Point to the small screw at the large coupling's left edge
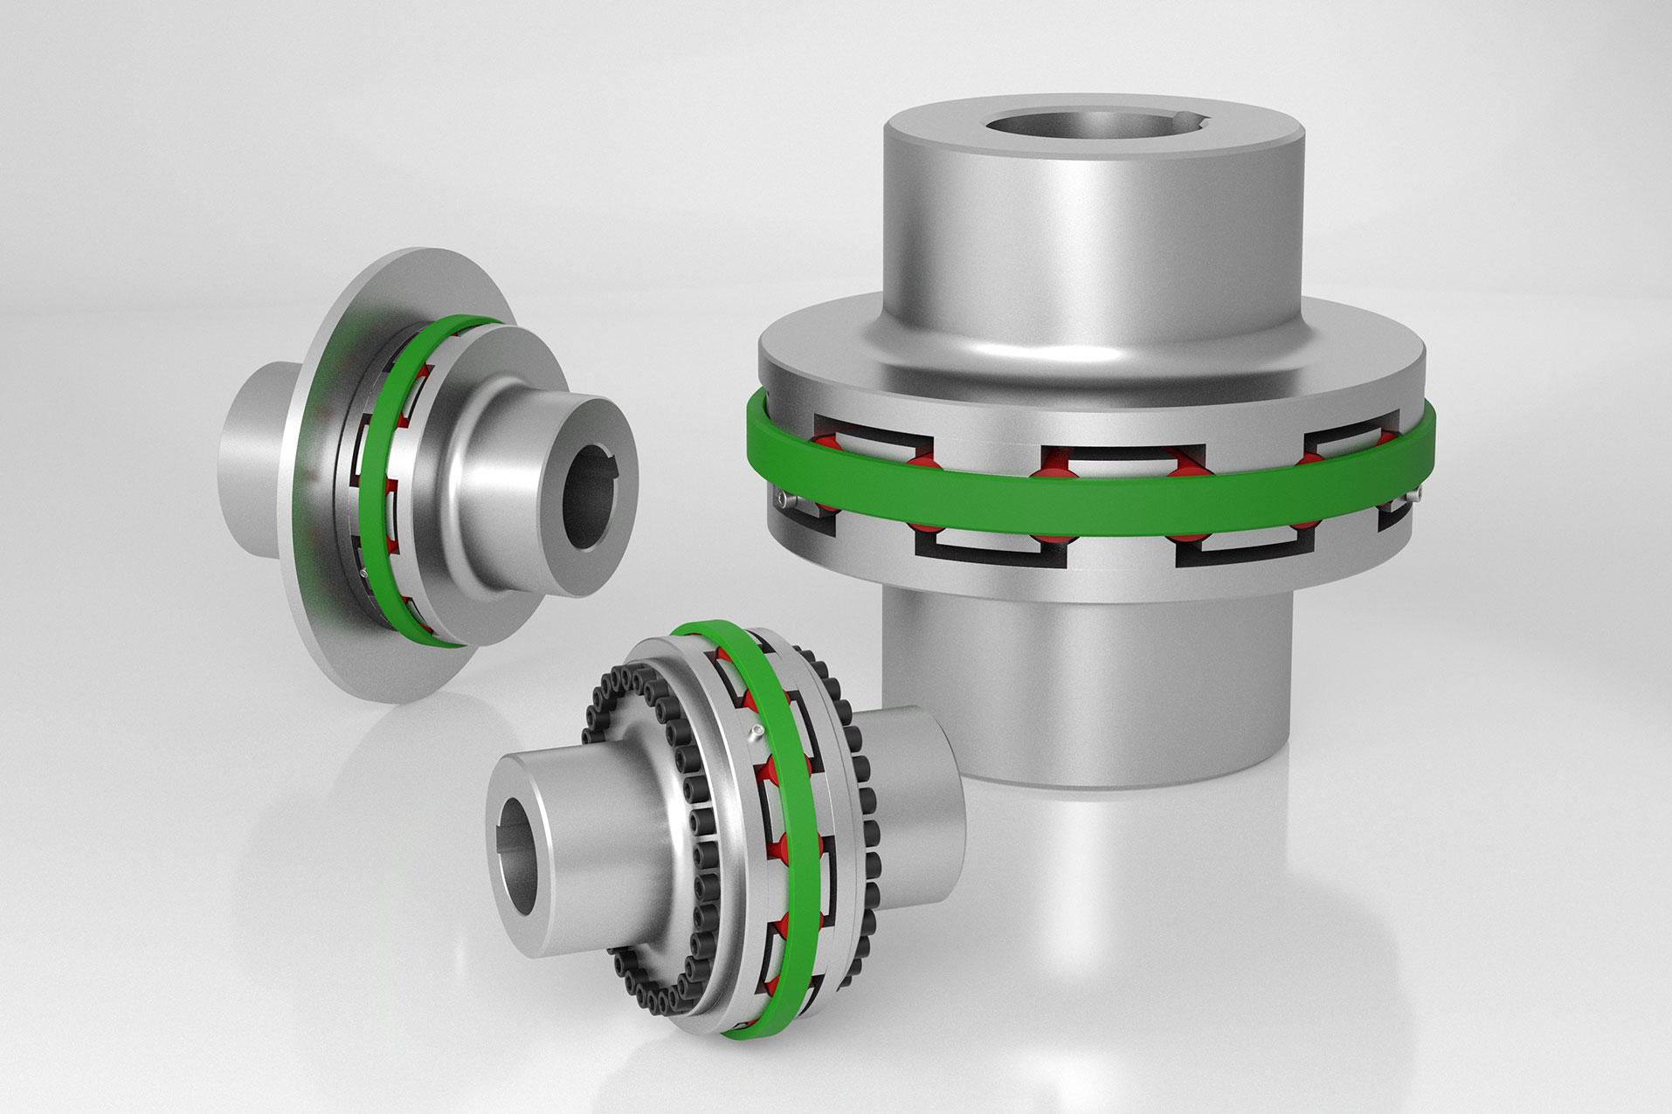(782, 499)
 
